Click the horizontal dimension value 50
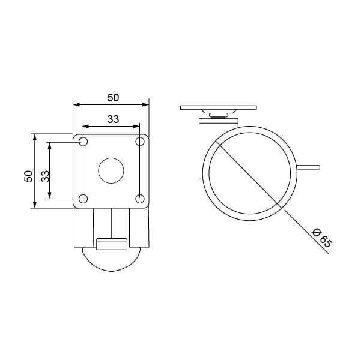(112, 96)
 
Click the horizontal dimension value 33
(112, 119)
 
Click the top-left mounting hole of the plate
(83, 142)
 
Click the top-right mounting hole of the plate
(140, 142)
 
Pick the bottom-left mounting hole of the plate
(83, 199)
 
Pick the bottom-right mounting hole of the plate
(140, 199)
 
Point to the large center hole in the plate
(111, 170)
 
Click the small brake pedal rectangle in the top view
(112, 243)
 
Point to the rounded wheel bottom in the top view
(112, 261)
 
